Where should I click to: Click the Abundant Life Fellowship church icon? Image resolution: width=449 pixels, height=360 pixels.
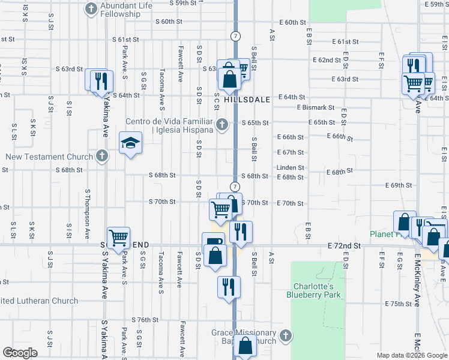tap(91, 8)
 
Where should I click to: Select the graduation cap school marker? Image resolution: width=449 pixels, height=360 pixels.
tap(130, 143)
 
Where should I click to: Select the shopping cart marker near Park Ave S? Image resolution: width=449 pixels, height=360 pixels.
tap(118, 238)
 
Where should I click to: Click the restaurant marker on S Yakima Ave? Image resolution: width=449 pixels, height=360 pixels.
tap(100, 80)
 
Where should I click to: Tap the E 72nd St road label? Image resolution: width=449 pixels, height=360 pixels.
tap(345, 247)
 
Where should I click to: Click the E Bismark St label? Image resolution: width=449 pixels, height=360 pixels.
tap(315, 107)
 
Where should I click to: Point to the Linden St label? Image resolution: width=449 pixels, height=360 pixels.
tap(291, 168)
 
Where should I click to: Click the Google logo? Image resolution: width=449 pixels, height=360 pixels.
tap(20, 352)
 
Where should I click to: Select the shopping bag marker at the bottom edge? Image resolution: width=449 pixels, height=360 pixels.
tap(244, 346)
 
